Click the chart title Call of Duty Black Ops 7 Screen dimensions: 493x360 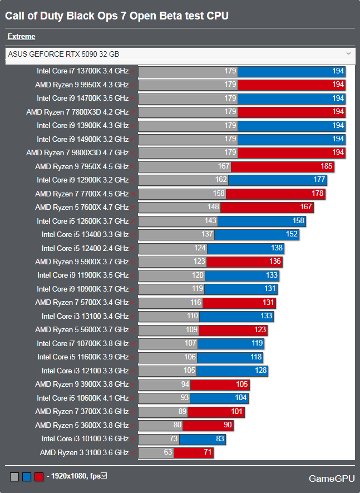117,16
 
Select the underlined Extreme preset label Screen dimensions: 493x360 21,37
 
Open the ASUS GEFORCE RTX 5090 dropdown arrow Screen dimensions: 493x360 348,54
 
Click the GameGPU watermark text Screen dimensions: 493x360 332,479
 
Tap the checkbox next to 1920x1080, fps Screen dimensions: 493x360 103,476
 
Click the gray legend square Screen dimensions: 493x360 14,477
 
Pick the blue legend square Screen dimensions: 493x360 26,477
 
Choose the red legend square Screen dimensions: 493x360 38,477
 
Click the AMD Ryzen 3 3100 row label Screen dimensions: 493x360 84,453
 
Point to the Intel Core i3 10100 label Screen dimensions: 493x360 85,439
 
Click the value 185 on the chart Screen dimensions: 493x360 327,166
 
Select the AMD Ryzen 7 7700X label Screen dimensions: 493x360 82,194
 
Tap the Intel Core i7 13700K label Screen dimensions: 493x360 82,71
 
